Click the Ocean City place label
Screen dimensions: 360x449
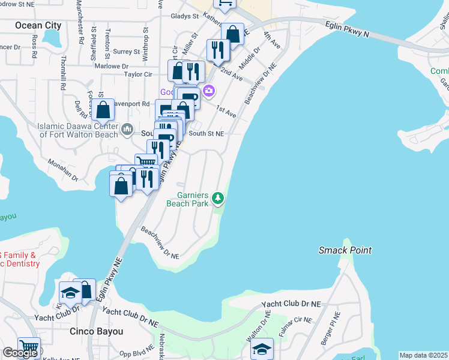tap(38, 25)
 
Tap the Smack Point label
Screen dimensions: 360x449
tap(345, 250)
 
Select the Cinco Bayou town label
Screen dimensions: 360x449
tap(97, 331)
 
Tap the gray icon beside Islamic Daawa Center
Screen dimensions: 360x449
tap(127, 129)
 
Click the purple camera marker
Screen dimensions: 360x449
tap(209, 91)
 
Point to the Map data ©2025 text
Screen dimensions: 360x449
tap(424, 355)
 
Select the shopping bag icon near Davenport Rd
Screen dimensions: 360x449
tap(103, 110)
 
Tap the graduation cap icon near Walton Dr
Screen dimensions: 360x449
tap(262, 349)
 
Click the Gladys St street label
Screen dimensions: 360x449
tap(184, 17)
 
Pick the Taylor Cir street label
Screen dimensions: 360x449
tap(137, 74)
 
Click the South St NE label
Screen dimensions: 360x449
tap(206, 134)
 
